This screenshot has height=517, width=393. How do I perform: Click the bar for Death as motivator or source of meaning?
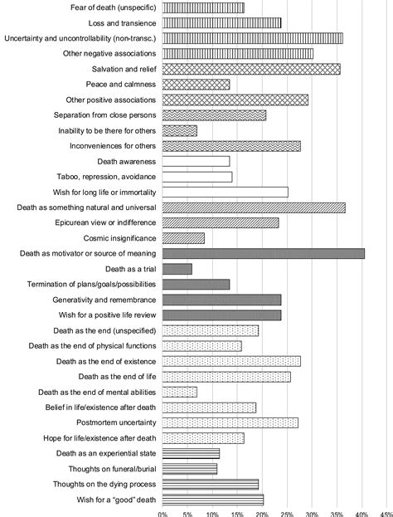point(263,254)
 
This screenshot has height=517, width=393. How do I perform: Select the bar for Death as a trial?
point(177,269)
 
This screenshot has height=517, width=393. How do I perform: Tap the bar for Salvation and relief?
point(251,69)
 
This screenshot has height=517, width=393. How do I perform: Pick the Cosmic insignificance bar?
point(183,238)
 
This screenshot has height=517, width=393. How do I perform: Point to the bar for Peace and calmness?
point(196,85)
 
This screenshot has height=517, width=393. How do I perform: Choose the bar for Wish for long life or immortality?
point(225,193)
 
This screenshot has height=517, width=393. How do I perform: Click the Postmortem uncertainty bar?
point(230,422)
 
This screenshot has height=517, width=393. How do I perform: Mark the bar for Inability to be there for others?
point(180,130)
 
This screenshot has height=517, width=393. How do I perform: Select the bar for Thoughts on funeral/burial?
point(189,469)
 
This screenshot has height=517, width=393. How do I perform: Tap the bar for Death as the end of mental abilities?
point(180,392)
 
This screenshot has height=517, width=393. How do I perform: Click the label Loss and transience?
point(122,23)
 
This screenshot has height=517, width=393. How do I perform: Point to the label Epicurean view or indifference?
point(105,222)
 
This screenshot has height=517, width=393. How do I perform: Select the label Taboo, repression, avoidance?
point(106,177)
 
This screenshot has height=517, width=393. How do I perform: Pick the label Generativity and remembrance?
point(104,300)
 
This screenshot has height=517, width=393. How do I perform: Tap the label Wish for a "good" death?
point(116,500)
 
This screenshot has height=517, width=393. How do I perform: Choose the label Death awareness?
point(127,162)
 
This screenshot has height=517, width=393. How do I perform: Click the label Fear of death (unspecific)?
point(114,7)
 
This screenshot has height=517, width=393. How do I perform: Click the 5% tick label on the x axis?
point(187,515)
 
